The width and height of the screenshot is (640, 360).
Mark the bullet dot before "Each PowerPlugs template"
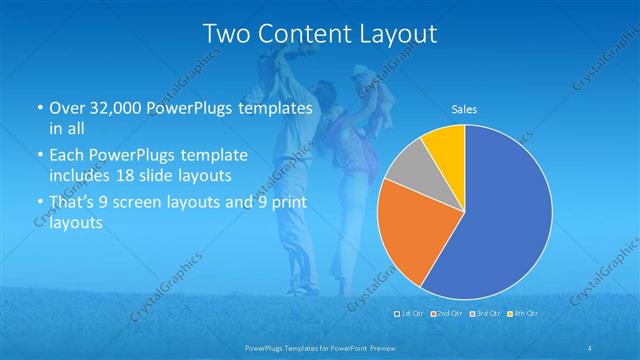coord(38,156)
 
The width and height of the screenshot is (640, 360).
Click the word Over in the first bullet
coord(66,108)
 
